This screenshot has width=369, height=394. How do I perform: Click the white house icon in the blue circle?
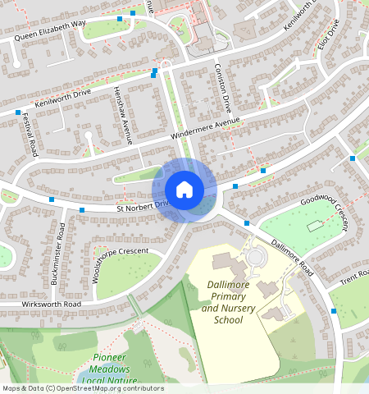(x=184, y=189)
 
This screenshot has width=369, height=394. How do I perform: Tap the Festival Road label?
(x=30, y=135)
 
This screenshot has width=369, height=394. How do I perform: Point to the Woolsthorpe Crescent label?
(x=121, y=262)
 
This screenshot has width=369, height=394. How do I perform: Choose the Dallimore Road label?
(x=292, y=257)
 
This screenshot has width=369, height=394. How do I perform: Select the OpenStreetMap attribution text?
(x=82, y=388)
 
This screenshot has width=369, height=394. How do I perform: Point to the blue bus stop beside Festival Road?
(x=17, y=112)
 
